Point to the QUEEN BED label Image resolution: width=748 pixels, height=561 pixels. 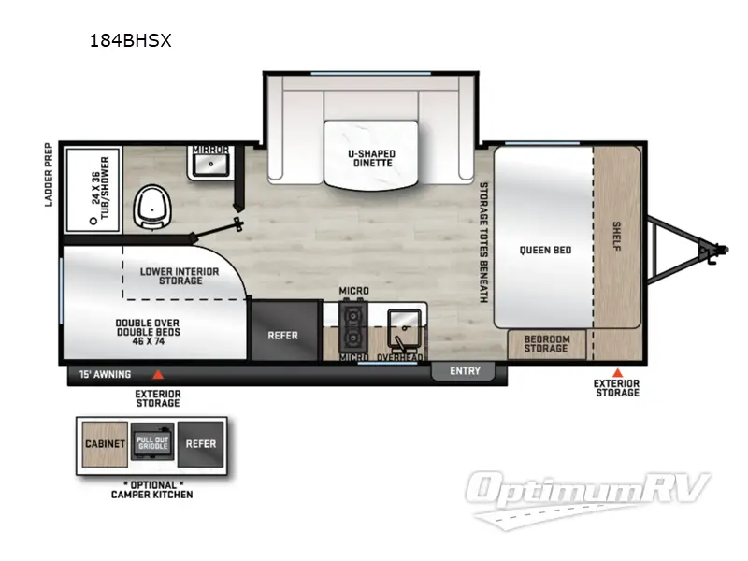(545, 250)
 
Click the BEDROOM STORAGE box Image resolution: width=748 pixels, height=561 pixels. (545, 343)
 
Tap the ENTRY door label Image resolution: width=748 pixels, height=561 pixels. (465, 371)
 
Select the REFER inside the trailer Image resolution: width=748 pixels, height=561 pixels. (282, 335)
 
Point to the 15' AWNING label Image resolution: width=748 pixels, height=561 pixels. (106, 376)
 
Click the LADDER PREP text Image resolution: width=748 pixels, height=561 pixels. (47, 175)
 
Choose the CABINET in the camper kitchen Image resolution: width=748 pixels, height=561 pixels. (106, 444)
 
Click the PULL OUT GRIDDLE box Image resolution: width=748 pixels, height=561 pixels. (151, 444)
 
